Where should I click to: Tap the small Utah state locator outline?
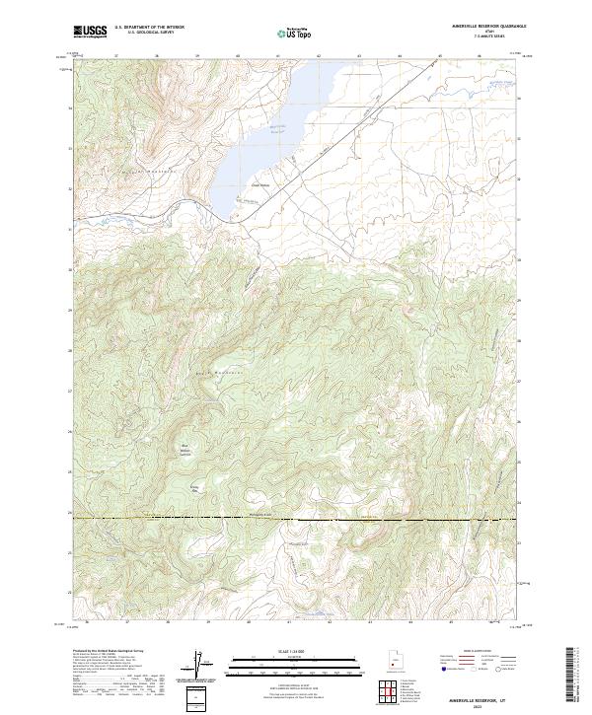[395, 657]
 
